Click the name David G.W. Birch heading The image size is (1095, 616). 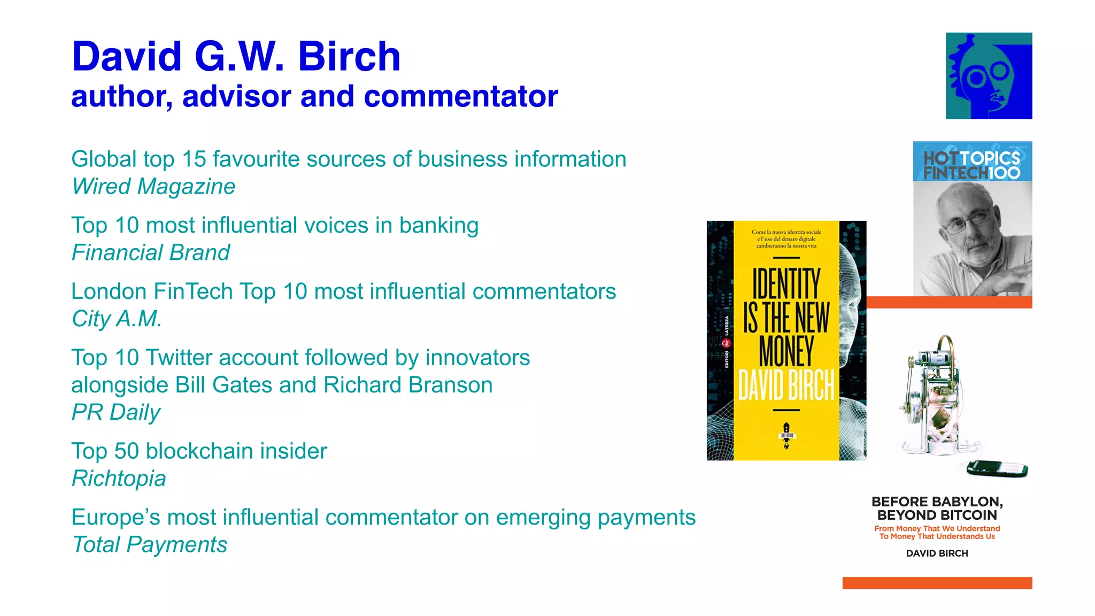(x=236, y=57)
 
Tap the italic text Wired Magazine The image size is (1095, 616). (x=153, y=187)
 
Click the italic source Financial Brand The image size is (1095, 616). (x=151, y=253)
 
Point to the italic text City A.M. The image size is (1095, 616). (x=117, y=319)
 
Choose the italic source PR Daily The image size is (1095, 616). (x=116, y=412)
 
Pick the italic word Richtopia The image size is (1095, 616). (x=119, y=479)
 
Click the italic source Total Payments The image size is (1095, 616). (x=150, y=545)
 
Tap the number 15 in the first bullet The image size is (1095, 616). (x=194, y=159)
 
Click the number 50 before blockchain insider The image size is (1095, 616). (x=127, y=451)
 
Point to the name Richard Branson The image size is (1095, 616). (x=408, y=385)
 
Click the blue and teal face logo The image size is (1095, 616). (x=989, y=76)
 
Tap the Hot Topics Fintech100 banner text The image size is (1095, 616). (x=971, y=165)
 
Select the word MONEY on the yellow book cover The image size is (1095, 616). (x=786, y=351)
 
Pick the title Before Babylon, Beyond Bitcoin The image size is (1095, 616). (x=937, y=509)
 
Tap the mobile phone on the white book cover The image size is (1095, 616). (x=997, y=469)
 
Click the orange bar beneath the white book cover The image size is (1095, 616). (x=937, y=583)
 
